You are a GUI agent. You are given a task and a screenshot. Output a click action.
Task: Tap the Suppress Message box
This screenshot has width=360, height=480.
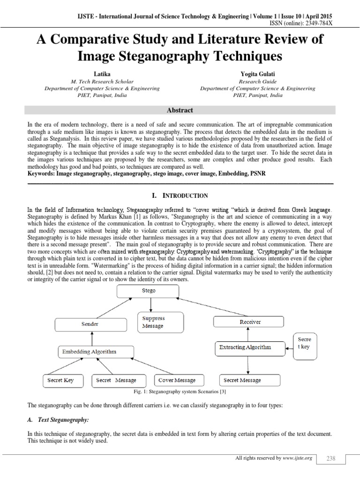click(153, 322)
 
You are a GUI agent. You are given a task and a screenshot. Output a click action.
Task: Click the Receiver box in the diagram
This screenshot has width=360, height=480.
click(248, 322)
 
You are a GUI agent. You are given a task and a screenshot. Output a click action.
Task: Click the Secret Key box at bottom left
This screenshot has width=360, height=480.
click(61, 380)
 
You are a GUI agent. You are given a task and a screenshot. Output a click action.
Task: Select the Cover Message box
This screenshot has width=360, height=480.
click(177, 380)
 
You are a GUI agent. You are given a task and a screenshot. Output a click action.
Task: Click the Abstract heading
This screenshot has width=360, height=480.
click(180, 110)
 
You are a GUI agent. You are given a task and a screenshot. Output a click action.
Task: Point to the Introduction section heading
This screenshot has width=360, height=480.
click(180, 195)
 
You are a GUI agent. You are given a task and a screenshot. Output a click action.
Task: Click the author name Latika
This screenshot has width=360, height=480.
click(102, 74)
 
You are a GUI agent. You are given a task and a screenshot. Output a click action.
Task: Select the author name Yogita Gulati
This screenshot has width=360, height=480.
click(257, 74)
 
